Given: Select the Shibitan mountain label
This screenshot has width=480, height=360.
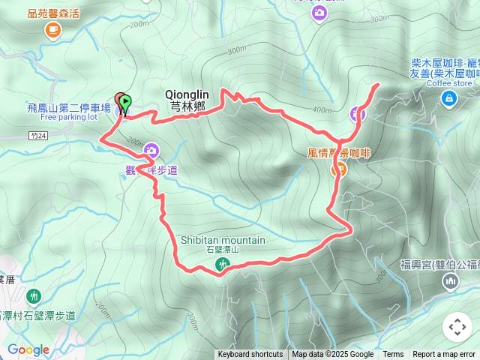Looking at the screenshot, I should pos(223,240).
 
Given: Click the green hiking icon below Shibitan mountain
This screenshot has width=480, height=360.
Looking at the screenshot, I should pos(223,264).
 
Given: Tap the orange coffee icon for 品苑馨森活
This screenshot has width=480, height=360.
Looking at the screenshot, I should pos(52,29).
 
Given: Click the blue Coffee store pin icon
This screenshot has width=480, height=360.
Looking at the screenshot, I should pos(448,98).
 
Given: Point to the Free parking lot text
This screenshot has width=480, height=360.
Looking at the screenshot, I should pos(69,117).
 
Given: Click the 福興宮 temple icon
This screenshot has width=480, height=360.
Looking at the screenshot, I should pos(450,281).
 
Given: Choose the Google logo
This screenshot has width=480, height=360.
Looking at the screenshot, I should pos(28,349).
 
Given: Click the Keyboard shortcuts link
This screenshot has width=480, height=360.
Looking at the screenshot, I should pos(250,355).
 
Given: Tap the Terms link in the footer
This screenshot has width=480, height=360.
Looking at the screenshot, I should pos(393,355).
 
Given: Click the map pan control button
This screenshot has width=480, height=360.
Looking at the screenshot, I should pos(457,328).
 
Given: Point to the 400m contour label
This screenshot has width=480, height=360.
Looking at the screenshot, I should pos(322,110).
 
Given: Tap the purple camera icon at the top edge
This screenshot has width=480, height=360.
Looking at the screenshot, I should pos(320,13).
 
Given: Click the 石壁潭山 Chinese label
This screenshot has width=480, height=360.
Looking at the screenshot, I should pos(223,250).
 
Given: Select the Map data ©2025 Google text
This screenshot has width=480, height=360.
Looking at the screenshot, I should pos(332,355).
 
